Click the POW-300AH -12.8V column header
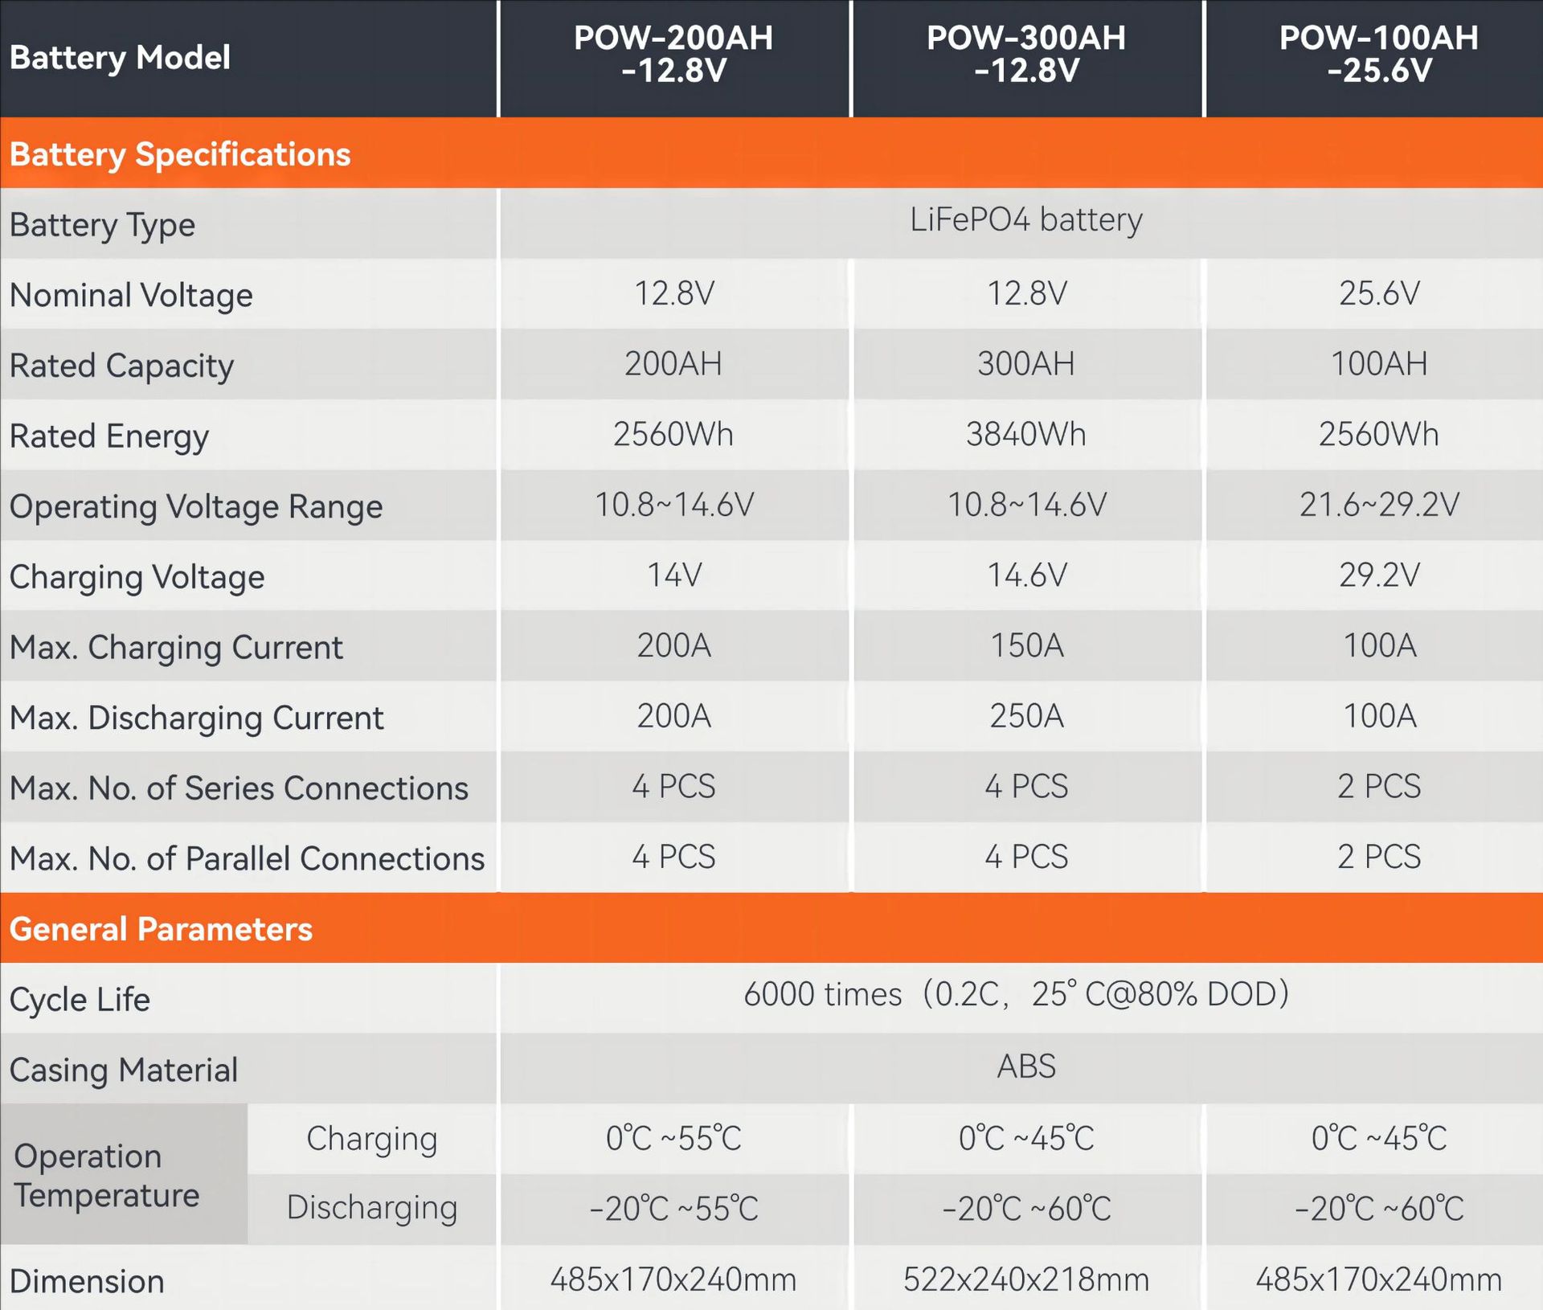(x=1026, y=55)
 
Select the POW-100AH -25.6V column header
(x=1378, y=55)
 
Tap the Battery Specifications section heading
(x=180, y=154)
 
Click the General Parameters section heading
(x=161, y=929)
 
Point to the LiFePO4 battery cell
(x=1025, y=220)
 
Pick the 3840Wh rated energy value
(x=1025, y=435)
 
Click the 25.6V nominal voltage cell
(x=1378, y=293)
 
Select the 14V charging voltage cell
(x=674, y=575)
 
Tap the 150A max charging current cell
(x=1026, y=646)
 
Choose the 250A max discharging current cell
(x=1026, y=716)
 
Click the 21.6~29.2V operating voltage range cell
(x=1378, y=505)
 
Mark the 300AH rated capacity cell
(x=1025, y=364)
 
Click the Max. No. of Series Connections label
(x=239, y=788)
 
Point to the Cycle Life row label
(x=80, y=1000)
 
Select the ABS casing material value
(x=1025, y=1067)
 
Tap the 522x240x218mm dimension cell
(x=1025, y=1279)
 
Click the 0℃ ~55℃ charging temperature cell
(x=673, y=1139)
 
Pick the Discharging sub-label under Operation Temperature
(x=371, y=1208)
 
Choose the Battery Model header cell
(x=120, y=58)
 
